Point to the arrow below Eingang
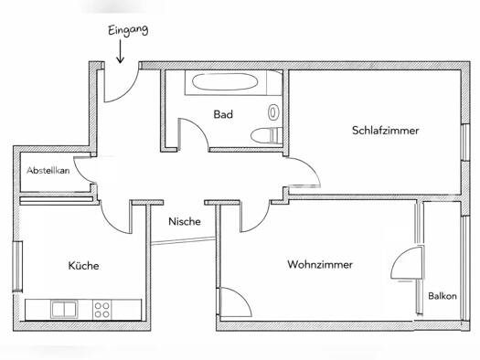point(121,54)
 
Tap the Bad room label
point(223,115)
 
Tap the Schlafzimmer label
point(385,131)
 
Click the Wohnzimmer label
point(320,265)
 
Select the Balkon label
point(443,296)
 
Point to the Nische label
point(184,221)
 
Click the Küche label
point(83,266)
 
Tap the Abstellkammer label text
point(48,171)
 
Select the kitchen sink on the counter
point(65,309)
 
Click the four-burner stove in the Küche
point(101,309)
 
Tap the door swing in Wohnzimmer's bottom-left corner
point(233,302)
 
